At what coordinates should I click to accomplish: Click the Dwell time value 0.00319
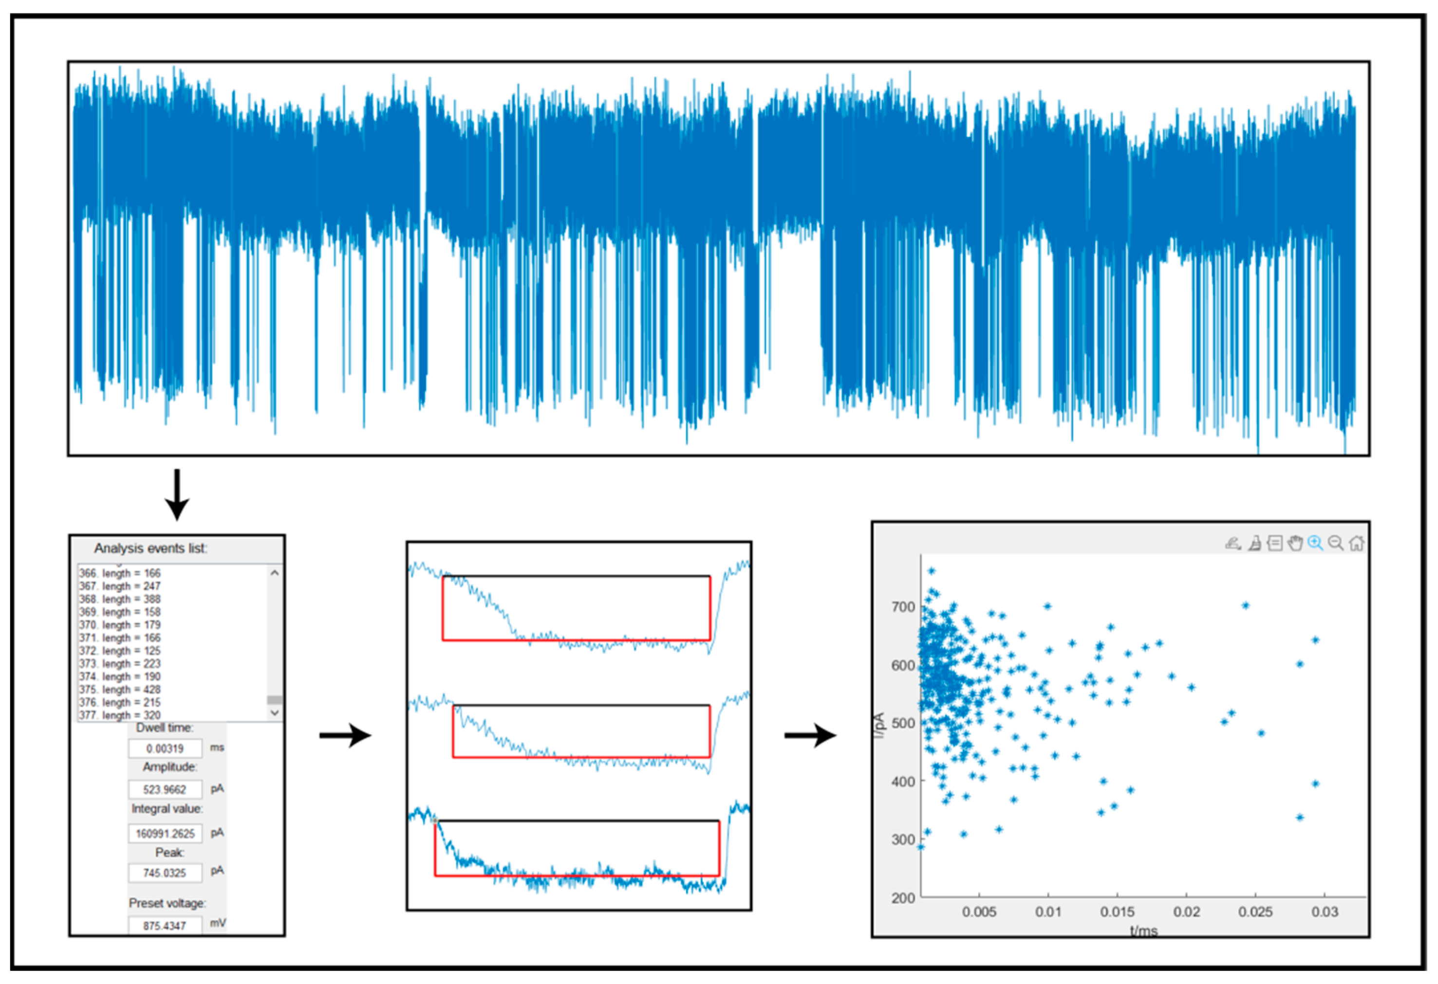click(165, 748)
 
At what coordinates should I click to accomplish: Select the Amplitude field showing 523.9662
click(165, 789)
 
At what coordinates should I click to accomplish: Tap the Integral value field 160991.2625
click(165, 833)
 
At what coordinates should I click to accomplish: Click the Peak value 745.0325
click(165, 873)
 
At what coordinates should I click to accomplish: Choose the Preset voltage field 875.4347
click(165, 925)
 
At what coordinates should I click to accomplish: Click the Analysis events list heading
click(151, 548)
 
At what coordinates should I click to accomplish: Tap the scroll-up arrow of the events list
click(275, 573)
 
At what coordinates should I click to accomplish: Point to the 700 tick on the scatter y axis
click(903, 607)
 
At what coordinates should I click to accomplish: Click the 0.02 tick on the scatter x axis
click(1186, 911)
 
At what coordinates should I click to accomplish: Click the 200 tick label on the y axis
click(903, 897)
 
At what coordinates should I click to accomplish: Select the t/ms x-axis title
click(1143, 930)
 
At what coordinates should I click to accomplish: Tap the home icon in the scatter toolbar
click(1356, 543)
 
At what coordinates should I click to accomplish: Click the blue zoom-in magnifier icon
click(1315, 543)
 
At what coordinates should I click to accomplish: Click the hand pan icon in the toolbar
click(1295, 543)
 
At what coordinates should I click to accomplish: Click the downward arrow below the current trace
click(177, 495)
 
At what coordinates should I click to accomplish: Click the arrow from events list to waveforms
click(345, 735)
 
